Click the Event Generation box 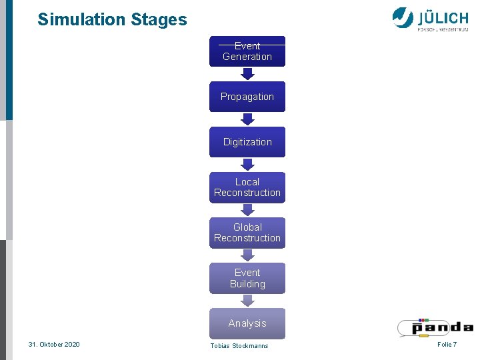247,51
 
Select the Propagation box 247,97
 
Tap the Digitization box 247,142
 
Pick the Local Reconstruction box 247,187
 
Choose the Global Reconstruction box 247,233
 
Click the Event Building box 247,278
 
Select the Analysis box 247,323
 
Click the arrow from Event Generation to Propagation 247,74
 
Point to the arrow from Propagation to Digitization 247,119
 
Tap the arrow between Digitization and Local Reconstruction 247,165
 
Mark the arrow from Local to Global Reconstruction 247,210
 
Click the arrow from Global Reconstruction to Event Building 247,255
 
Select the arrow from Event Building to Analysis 247,301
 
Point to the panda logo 435,327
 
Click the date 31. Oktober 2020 54,344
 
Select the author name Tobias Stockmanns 239,345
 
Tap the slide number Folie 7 447,344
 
